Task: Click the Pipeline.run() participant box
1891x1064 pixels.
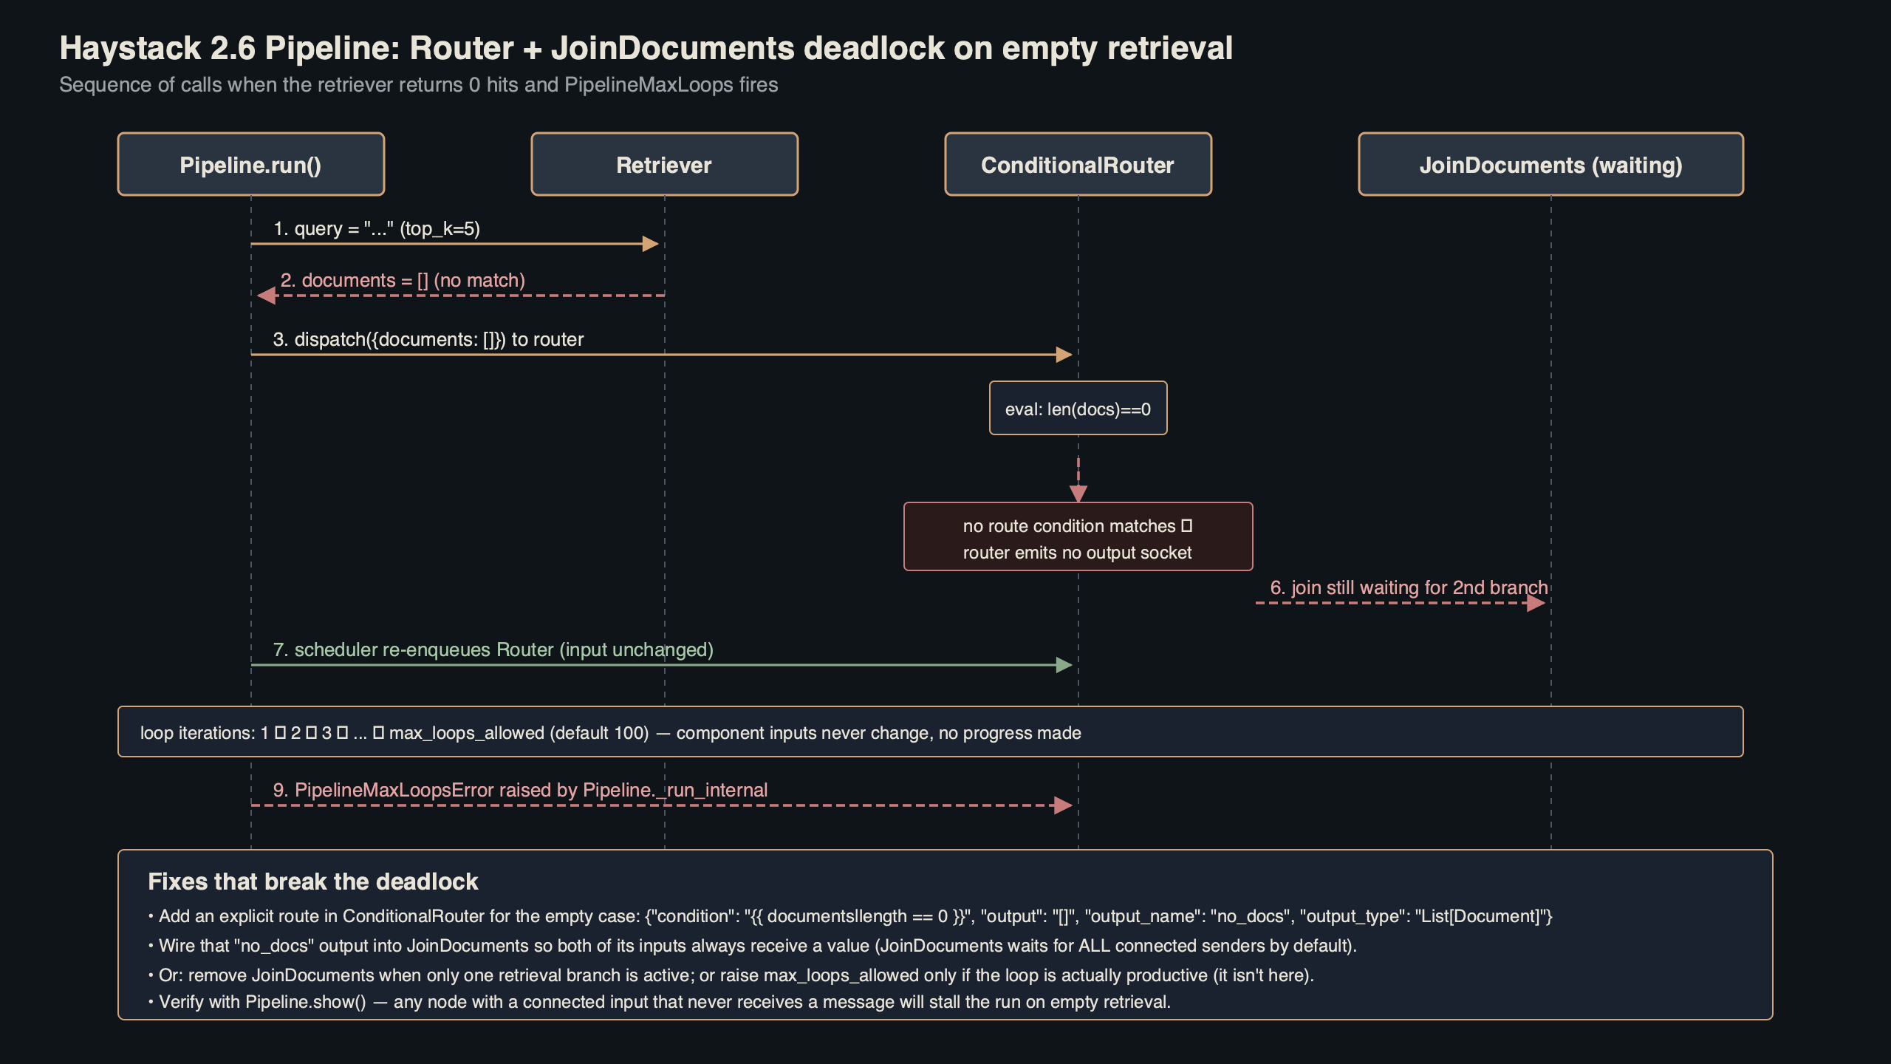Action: tap(250, 164)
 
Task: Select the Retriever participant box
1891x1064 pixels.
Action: tap(664, 164)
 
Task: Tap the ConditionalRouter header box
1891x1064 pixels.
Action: tap(1078, 164)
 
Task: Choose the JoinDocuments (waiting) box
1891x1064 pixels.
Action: tap(1550, 164)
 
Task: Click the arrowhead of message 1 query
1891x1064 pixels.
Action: tap(651, 244)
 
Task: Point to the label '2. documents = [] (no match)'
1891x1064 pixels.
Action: tap(403, 281)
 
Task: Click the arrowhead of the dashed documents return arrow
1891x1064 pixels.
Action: tap(267, 296)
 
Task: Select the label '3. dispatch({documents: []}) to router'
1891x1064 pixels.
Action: tap(428, 340)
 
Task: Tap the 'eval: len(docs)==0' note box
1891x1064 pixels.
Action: tap(1078, 409)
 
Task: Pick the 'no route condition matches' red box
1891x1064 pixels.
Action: tap(1078, 537)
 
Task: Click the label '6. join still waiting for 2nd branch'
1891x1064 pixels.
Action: tap(1409, 588)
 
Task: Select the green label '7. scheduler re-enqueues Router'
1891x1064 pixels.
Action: tap(493, 650)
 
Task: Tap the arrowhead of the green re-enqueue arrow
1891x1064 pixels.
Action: tap(1064, 665)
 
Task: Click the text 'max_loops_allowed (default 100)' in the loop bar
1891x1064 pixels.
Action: tap(519, 733)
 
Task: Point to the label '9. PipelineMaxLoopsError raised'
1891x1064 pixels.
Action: tap(520, 791)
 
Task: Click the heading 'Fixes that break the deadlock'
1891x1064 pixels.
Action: tap(313, 881)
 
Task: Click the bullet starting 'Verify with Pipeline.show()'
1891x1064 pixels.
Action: tap(659, 1003)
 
